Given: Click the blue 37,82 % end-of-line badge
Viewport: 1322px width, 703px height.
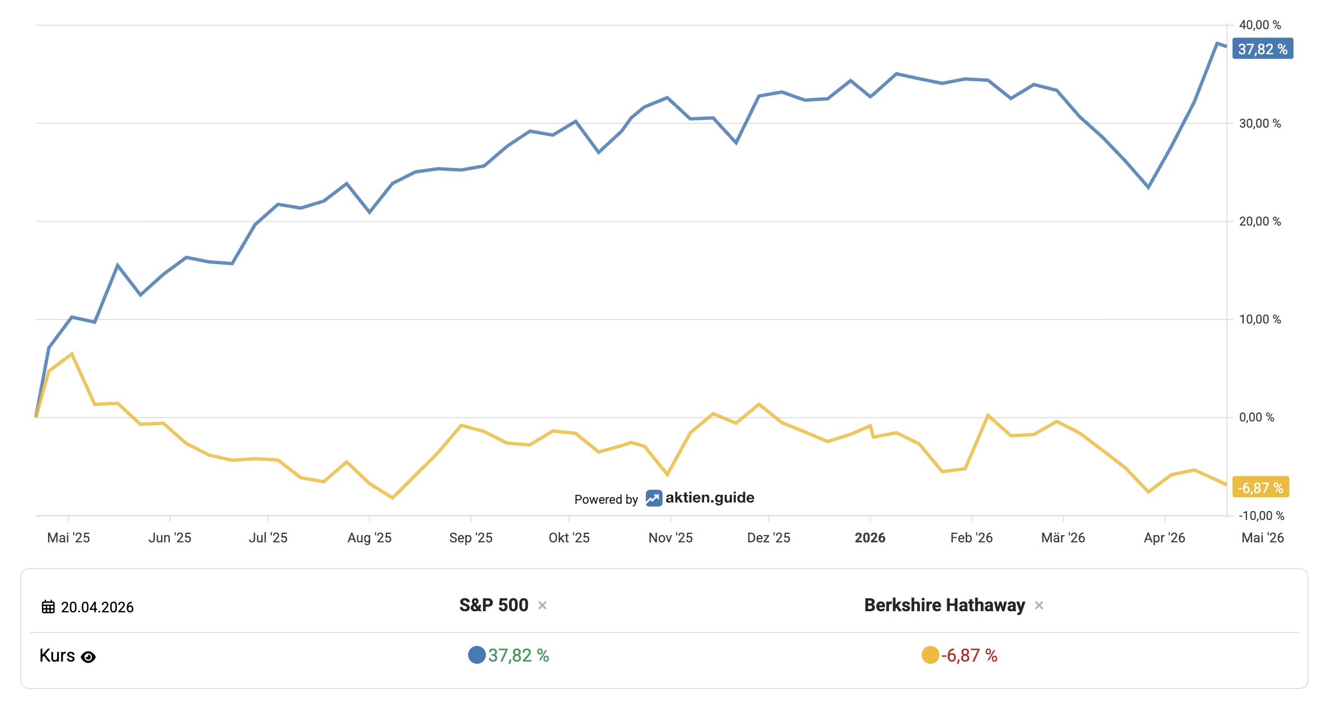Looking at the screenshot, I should (1262, 49).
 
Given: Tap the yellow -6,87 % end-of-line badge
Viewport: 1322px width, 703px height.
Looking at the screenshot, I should (1260, 488).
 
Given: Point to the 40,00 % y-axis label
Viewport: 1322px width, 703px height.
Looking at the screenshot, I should (1259, 25).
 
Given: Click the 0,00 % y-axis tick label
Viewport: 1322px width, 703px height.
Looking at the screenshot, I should (1256, 418).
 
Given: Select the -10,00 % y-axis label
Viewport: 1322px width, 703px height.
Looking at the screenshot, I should (1261, 515).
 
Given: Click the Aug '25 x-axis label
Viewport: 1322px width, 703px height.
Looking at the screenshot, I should (369, 538).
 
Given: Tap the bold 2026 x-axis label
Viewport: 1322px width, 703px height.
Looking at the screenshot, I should (870, 538).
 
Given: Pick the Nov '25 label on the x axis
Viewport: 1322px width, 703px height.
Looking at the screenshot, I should (670, 538).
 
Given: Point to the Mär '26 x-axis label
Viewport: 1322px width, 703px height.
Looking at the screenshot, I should (1063, 538).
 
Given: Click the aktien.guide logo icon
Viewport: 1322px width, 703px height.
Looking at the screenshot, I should (654, 498).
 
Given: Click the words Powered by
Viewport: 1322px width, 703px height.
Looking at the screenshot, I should (606, 499).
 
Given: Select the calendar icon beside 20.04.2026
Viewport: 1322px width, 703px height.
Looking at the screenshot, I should (49, 607).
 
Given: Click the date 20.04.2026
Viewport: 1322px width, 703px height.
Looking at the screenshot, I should (97, 607).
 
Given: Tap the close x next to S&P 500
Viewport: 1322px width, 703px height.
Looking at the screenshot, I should (542, 605).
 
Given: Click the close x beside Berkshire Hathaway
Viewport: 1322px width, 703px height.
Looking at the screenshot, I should (1039, 605).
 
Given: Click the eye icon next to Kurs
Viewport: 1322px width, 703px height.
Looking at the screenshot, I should (88, 657).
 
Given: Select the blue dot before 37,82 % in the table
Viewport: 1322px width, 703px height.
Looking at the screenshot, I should (476, 655).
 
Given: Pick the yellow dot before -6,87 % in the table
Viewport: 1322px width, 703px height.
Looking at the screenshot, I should (930, 655).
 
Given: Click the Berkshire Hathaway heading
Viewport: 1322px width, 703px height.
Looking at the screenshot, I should (945, 605).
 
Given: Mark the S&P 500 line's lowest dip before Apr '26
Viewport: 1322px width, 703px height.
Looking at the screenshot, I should (1148, 188).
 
